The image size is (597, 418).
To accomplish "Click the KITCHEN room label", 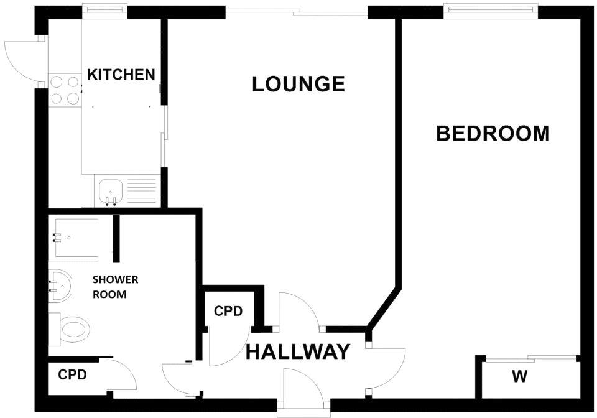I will coord(121,75).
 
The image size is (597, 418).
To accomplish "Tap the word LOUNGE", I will coord(298,83).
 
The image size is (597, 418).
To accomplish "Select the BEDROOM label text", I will coord(493,133).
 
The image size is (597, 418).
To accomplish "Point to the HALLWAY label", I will coord(298,352).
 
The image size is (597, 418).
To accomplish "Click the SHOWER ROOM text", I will coord(115,287).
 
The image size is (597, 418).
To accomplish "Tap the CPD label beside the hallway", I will coord(228,311).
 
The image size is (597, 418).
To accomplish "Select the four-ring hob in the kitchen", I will coord(65,89).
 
